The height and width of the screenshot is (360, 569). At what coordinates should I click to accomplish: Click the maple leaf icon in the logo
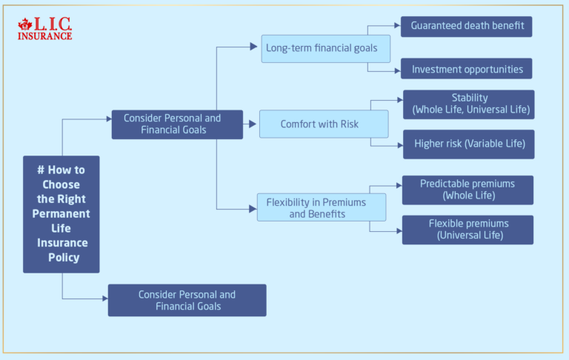pyautogui.click(x=24, y=25)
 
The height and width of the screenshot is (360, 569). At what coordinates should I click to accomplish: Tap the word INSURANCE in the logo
pyautogui.click(x=45, y=35)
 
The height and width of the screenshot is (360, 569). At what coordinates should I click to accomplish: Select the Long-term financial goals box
pyautogui.click(x=325, y=48)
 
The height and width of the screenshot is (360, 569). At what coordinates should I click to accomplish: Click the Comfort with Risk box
pyautogui.click(x=323, y=124)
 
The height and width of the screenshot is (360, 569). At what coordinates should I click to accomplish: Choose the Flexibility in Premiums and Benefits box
pyautogui.click(x=322, y=207)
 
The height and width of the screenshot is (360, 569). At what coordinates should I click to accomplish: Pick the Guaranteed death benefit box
pyautogui.click(x=467, y=26)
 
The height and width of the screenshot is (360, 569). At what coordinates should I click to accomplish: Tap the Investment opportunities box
pyautogui.click(x=467, y=69)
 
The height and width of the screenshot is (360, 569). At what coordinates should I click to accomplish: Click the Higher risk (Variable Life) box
pyautogui.click(x=468, y=144)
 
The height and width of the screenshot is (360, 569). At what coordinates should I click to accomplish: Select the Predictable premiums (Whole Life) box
pyautogui.click(x=467, y=190)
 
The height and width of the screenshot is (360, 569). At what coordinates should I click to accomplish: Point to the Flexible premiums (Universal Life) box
pyautogui.click(x=467, y=230)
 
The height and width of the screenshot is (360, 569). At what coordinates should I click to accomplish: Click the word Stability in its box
pyautogui.click(x=470, y=98)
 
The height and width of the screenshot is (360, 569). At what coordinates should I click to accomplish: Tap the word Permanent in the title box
pyautogui.click(x=62, y=213)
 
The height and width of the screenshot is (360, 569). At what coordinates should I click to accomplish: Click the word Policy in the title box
pyautogui.click(x=62, y=258)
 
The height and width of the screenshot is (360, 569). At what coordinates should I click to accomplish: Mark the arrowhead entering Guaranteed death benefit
pyautogui.click(x=397, y=25)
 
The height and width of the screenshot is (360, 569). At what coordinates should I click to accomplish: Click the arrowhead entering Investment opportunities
pyautogui.click(x=397, y=70)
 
